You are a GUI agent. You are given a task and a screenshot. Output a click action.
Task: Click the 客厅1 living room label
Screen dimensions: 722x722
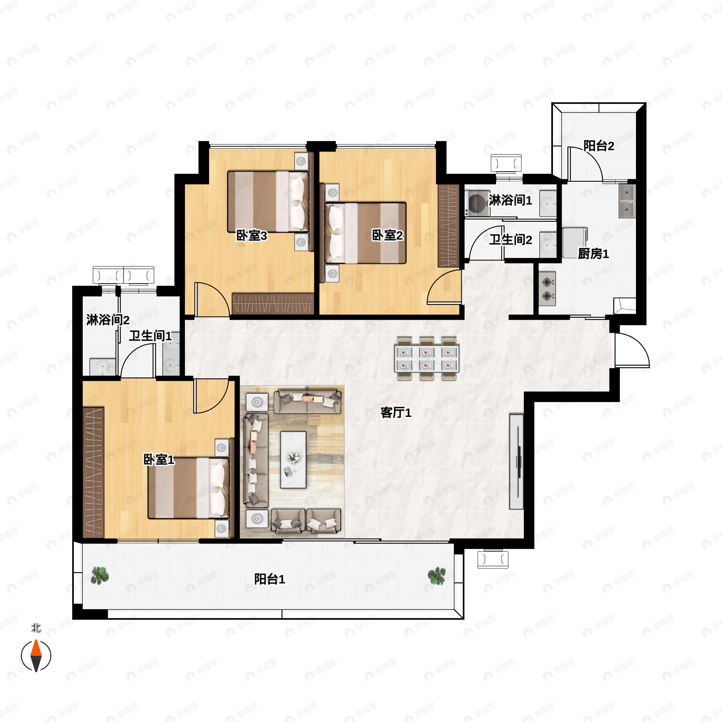coord(396,413)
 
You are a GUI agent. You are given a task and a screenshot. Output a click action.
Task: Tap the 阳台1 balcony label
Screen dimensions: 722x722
coord(270,579)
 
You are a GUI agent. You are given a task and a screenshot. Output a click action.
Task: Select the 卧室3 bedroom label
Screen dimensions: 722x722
coord(251,236)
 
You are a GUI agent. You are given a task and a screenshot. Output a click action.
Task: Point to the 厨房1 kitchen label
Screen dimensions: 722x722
coord(593,254)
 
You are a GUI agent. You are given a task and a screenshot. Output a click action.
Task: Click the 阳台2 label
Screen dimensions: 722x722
coord(599,146)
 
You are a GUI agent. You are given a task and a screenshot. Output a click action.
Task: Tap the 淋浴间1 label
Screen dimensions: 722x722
coord(510,201)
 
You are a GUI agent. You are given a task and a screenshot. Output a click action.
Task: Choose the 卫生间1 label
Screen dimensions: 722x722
coord(150,336)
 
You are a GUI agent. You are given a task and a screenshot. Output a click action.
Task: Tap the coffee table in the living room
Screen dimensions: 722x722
coord(293,460)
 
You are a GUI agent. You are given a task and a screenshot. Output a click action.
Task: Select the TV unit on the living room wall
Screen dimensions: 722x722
coord(517,461)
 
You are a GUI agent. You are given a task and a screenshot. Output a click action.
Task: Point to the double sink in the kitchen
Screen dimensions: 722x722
coord(627,201)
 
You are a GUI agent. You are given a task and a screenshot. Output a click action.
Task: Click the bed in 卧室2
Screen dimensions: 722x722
coord(366,233)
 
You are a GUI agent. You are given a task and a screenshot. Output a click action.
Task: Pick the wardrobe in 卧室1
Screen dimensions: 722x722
coord(93,472)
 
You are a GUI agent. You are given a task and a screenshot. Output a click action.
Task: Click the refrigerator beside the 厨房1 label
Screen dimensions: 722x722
coord(575,242)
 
